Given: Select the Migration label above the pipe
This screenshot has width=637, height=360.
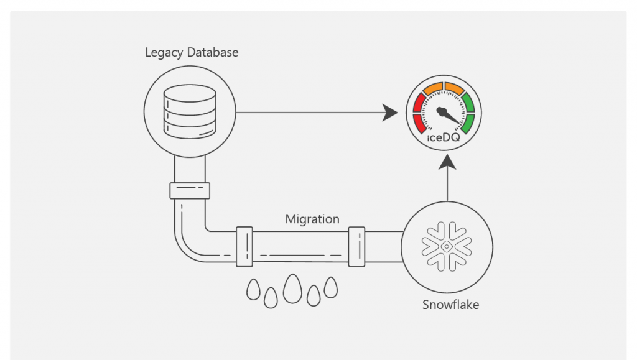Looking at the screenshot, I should tap(312, 219).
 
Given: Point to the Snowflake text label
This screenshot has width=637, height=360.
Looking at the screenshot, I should tap(451, 305).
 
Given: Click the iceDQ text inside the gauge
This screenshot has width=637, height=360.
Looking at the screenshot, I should tap(444, 137).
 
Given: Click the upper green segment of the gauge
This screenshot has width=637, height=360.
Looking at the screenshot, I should tap(468, 101).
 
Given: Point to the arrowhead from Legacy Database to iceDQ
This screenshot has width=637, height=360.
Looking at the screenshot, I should tap(391, 113).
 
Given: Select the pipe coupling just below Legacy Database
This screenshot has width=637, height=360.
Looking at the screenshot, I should tap(190, 190).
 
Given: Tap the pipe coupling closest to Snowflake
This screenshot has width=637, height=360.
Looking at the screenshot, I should tap(356, 247).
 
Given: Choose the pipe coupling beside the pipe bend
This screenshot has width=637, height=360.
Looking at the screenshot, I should tap(244, 247).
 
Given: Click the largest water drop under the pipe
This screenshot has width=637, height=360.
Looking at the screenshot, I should tap(292, 288).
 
